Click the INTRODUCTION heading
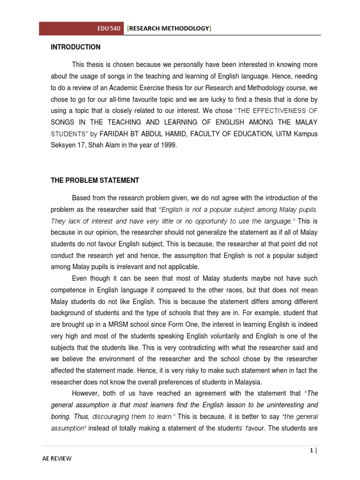(x=75, y=47)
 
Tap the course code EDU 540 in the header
(x=109, y=29)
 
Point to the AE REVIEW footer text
(x=56, y=459)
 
